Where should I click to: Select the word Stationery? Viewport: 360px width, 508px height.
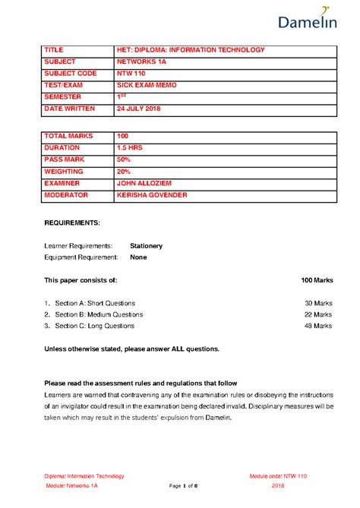click(x=147, y=246)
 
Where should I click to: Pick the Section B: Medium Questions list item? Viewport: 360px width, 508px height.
click(x=98, y=314)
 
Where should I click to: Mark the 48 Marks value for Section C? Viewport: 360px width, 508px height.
click(x=318, y=326)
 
